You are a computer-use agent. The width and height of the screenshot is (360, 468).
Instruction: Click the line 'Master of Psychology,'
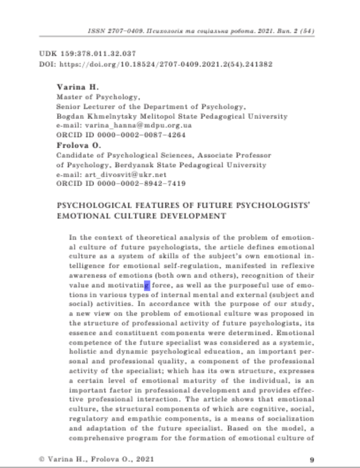(93, 96)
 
